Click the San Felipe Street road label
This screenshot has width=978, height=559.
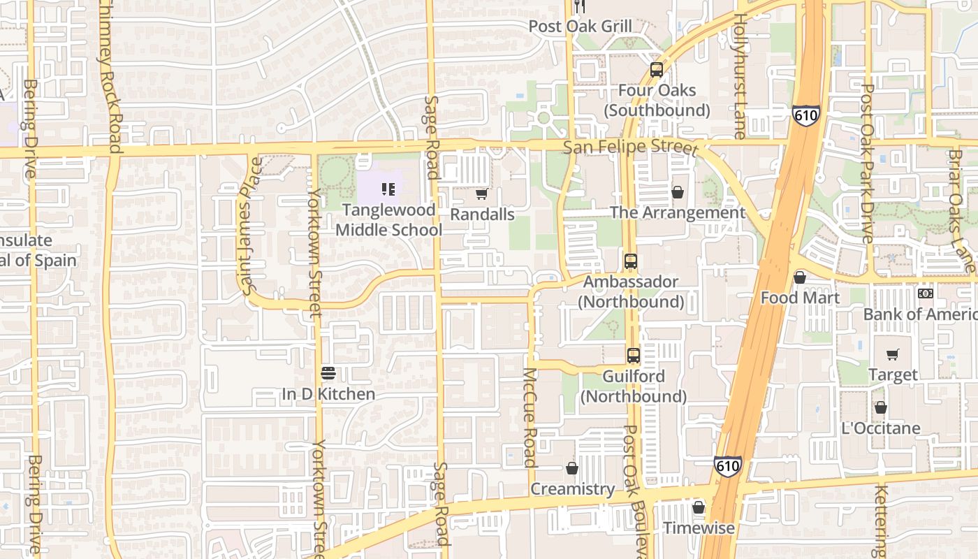630,148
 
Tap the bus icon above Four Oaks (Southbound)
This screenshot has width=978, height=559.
657,70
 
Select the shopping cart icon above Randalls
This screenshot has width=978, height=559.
481,194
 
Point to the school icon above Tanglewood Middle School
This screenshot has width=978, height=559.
389,189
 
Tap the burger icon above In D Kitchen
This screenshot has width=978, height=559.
328,373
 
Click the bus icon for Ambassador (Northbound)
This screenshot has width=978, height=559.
631,261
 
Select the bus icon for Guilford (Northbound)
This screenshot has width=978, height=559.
634,355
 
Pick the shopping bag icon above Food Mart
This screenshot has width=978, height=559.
800,277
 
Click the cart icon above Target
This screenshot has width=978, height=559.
892,354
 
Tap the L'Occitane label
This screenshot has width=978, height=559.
881,428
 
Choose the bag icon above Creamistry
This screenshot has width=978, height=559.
572,468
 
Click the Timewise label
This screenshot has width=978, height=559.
699,528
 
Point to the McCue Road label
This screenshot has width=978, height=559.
530,417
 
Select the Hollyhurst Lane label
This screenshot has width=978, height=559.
740,73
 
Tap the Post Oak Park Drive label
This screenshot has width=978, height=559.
868,164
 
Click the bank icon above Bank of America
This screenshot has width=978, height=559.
926,293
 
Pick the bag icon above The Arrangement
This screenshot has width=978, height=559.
677,192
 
